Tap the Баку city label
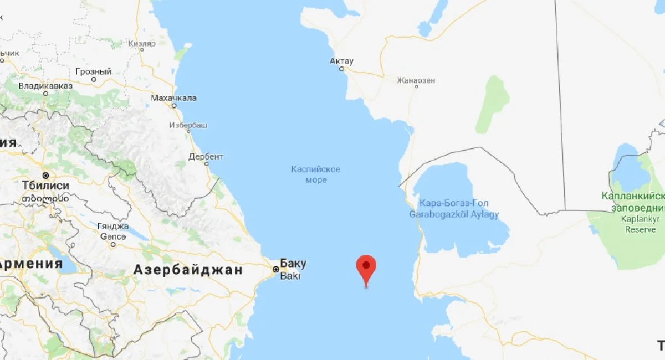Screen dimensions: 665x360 [x=293, y=264]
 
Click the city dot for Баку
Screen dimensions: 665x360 [x=276, y=269]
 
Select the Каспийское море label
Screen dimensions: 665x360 [x=316, y=174]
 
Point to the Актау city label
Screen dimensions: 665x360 [x=341, y=61]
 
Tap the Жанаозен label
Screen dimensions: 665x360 [x=416, y=80]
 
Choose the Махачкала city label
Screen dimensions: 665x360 [x=173, y=98]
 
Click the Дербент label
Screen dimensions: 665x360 [x=206, y=156]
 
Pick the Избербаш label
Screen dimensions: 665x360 [x=189, y=125]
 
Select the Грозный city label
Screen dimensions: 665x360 [x=93, y=71]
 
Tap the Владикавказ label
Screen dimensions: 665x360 [x=45, y=86]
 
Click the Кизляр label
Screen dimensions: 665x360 [x=142, y=43]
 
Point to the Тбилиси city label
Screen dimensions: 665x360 [x=45, y=185]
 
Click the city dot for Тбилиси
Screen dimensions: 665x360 [x=46, y=174]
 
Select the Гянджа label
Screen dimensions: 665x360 [x=113, y=226]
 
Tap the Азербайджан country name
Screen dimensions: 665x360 [x=188, y=270]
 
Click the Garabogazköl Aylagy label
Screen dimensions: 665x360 [x=454, y=214]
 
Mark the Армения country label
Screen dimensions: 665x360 [x=31, y=264]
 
